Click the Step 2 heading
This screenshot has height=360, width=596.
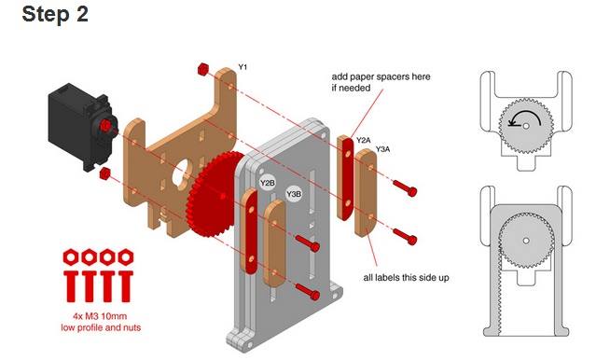[x=55, y=14]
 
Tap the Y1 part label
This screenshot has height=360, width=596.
[x=243, y=67]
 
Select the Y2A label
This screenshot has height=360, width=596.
[x=363, y=140]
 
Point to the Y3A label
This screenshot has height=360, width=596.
[x=382, y=149]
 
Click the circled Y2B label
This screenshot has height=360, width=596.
[x=267, y=183]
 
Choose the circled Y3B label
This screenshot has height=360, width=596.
[x=294, y=194]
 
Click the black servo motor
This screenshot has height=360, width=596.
[x=83, y=126]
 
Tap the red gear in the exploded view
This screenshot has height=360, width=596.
[x=213, y=195]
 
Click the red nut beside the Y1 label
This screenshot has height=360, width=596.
[x=203, y=69]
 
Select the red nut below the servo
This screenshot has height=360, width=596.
[x=104, y=173]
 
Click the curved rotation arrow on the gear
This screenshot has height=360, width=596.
[x=524, y=117]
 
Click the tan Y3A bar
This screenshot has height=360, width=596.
[x=366, y=193]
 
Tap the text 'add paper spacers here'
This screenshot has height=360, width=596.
[x=381, y=76]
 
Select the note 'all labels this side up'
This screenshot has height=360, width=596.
[x=406, y=278]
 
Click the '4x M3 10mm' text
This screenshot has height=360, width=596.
[x=100, y=316]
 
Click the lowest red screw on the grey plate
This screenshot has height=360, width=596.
[x=307, y=292]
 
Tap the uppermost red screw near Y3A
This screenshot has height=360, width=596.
[x=405, y=187]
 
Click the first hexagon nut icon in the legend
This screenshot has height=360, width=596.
[x=71, y=257]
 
